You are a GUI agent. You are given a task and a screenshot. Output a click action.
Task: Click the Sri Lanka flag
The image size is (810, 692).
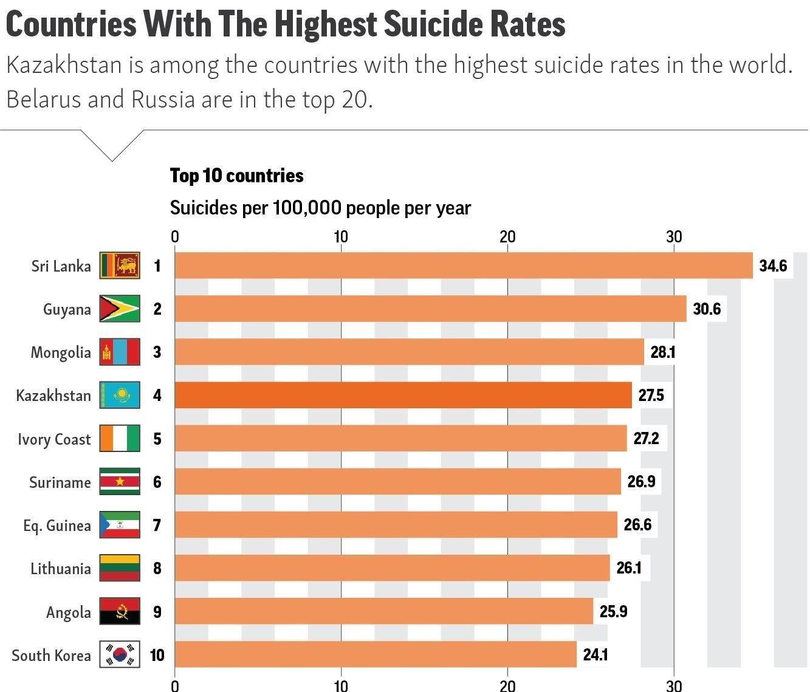120,265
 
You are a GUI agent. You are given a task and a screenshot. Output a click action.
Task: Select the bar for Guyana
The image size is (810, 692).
430,309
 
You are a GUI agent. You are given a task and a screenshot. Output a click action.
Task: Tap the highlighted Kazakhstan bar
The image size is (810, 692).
403,396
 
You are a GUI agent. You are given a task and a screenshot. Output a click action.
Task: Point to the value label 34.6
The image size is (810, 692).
773,265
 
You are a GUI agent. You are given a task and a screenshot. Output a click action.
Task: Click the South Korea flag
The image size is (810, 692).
120,654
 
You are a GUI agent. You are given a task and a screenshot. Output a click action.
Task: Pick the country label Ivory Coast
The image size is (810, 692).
54,439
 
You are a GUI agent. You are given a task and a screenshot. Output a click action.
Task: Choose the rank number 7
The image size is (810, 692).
157,525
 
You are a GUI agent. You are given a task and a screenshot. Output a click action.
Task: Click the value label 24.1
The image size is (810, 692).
595,654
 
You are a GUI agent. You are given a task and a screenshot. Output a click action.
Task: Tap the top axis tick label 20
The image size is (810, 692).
507,237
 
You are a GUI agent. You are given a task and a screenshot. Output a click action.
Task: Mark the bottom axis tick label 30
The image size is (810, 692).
674,686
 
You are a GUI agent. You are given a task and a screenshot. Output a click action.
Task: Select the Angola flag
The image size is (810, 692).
120,611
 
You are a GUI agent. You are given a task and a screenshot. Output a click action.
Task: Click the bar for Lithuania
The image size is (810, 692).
392,568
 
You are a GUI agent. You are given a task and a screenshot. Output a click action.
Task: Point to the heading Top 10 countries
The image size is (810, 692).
236,176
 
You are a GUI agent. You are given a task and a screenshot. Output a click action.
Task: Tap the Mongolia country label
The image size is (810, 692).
61,352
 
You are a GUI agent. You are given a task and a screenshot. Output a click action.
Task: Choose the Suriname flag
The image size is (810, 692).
120,482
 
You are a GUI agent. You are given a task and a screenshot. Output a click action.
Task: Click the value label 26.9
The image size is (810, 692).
641,482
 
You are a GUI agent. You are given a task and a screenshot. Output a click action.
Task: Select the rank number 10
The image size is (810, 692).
157,654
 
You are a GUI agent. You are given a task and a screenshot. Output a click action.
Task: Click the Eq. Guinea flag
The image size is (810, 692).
120,525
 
